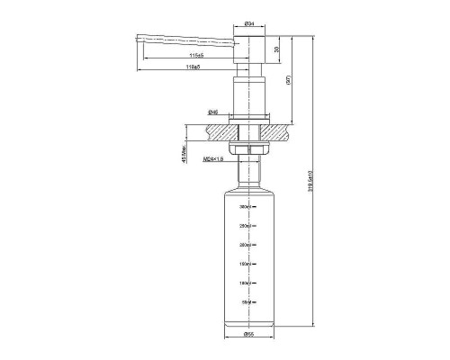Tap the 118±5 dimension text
pos(192,67)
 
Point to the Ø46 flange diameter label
pos(213,112)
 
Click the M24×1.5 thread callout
pos(214,159)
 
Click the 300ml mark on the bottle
pos(244,207)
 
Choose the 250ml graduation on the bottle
pos(244,226)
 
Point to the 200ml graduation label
pos(244,245)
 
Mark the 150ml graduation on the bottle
pos(244,264)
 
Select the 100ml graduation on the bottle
pos(244,283)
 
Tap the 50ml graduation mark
pos(245,302)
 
